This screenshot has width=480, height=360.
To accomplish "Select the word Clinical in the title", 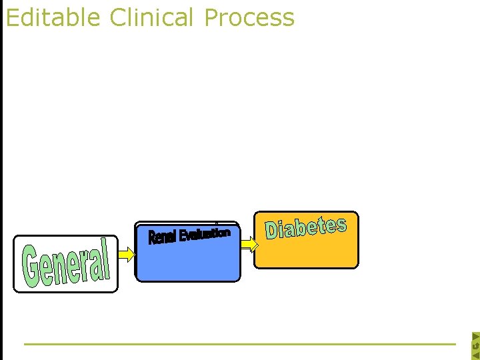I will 153,17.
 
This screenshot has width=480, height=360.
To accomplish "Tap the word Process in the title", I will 249,17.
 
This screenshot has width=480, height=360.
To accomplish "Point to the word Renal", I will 162,237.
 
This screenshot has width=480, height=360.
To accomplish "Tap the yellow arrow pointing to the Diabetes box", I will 247,245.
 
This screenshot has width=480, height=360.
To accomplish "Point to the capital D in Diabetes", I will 272,231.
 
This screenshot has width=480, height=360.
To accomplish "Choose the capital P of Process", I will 213,17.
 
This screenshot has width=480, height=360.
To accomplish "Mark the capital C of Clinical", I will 118,17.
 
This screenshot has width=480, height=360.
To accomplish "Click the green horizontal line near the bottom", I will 240,344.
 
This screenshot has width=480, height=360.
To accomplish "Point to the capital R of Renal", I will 152,238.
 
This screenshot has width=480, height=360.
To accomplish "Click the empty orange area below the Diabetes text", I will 306,253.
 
